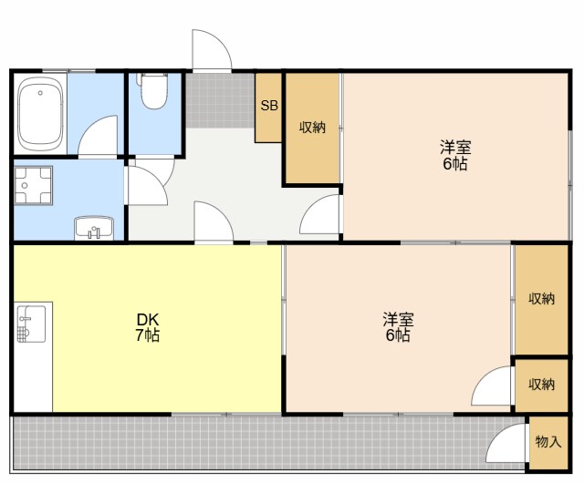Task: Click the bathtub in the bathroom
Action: [x=40, y=114]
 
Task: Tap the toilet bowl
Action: [x=153, y=90]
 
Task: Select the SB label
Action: [x=269, y=106]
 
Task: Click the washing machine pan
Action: [x=33, y=185]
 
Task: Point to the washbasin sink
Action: [x=94, y=228]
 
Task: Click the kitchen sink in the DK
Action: [x=31, y=324]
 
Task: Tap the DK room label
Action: [x=148, y=319]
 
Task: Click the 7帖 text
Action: [x=148, y=335]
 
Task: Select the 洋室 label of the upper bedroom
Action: [x=455, y=148]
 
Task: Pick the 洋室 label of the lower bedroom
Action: [x=398, y=319]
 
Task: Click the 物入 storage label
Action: [x=547, y=442]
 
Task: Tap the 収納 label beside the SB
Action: [x=312, y=128]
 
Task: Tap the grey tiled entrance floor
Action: [x=221, y=100]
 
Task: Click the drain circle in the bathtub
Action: [x=40, y=93]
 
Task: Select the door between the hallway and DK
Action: [x=214, y=222]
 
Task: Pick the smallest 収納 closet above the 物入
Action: [x=541, y=385]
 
